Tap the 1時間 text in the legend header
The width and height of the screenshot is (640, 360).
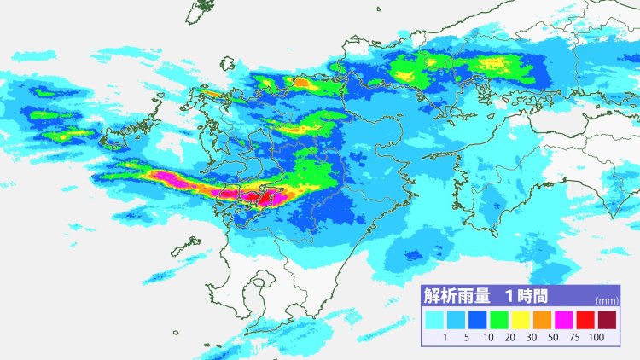click(x=523, y=297)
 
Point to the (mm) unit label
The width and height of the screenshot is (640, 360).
click(x=607, y=301)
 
